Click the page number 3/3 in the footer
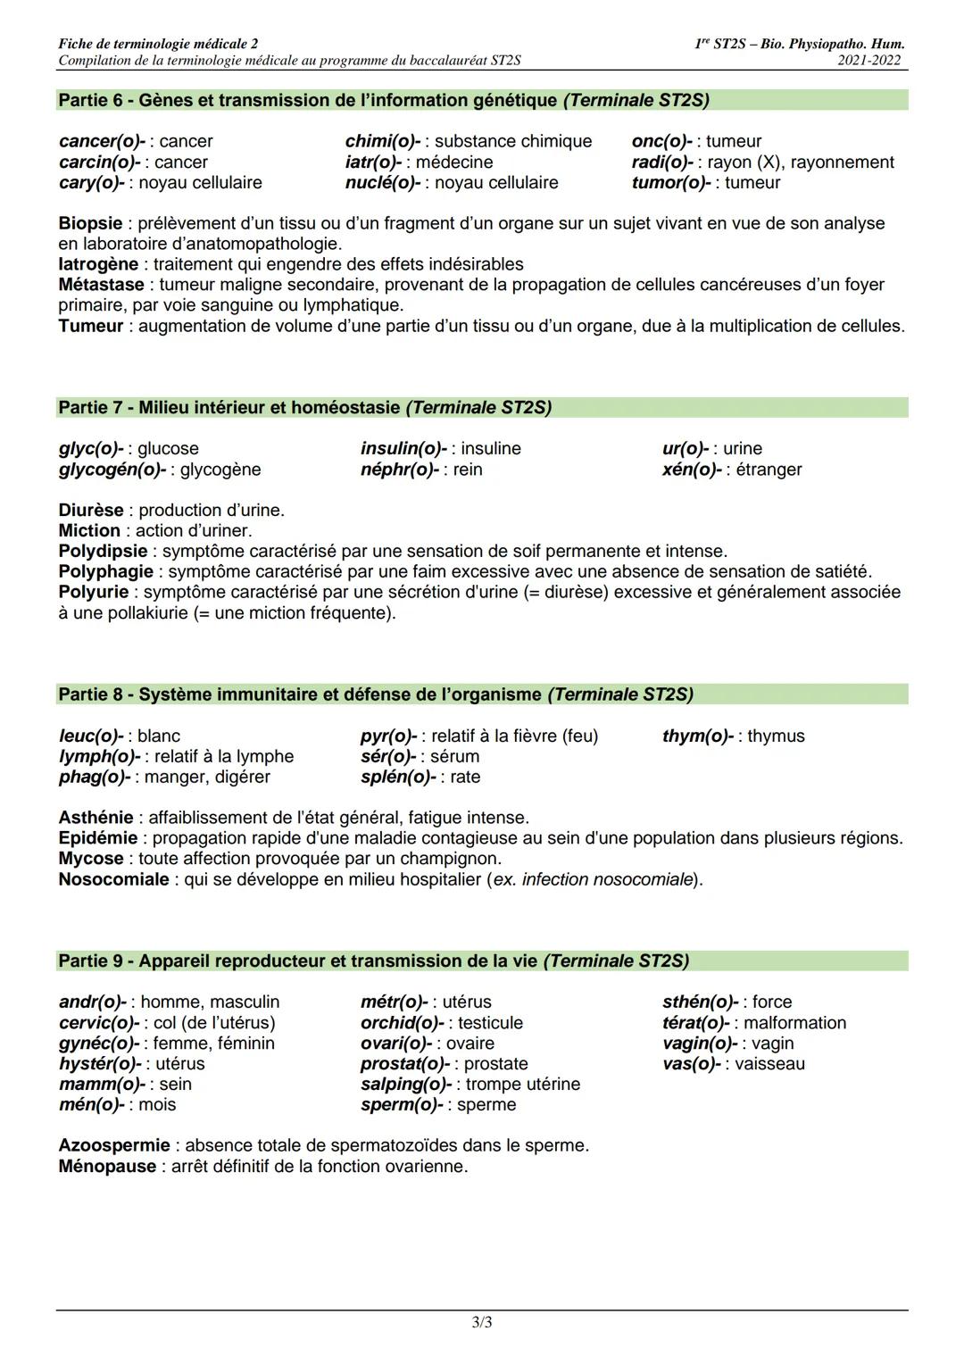[x=481, y=1322]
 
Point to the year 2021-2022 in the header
[x=870, y=61]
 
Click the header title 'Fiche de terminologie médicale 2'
[x=158, y=44]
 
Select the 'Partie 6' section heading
[x=384, y=100]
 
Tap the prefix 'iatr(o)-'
[x=373, y=162]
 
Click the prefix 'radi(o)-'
[x=662, y=162]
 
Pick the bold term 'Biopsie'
[x=90, y=223]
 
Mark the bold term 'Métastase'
[x=101, y=285]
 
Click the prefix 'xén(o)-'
[x=691, y=470]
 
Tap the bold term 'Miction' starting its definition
[x=89, y=530]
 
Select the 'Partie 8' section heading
[x=376, y=694]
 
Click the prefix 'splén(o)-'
[x=398, y=777]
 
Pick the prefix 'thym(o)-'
[x=698, y=736]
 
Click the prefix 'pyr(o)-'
[x=389, y=736]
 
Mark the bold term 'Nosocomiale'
[x=113, y=879]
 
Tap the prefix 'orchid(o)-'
[x=402, y=1023]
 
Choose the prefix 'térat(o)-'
[x=695, y=1023]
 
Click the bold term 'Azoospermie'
[x=114, y=1145]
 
